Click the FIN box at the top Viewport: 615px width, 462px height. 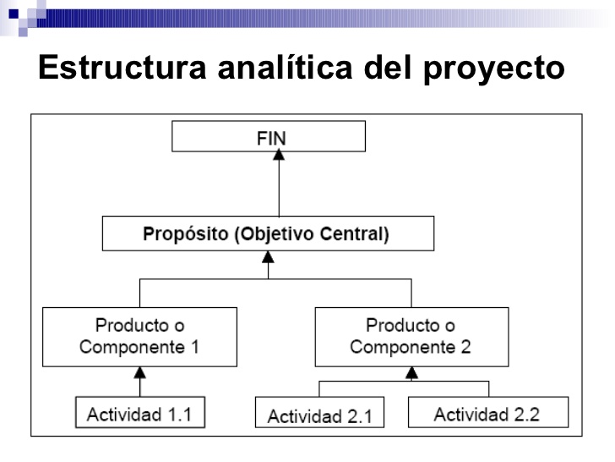click(x=268, y=136)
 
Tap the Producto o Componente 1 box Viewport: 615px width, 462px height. click(x=140, y=336)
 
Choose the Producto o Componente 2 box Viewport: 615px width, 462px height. click(x=411, y=336)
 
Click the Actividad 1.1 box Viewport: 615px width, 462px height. click(x=139, y=414)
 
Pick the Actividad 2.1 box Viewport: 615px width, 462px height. click(x=319, y=415)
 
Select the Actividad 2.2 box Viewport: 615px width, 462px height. click(x=487, y=414)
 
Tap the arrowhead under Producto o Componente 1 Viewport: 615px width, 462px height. click(x=140, y=371)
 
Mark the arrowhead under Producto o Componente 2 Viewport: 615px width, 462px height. click(x=411, y=371)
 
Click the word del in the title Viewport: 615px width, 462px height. click(x=391, y=68)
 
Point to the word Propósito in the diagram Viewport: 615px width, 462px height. click(x=180, y=234)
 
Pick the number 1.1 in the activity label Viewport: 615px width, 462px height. click(x=179, y=414)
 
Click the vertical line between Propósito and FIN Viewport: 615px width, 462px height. click(x=280, y=190)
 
